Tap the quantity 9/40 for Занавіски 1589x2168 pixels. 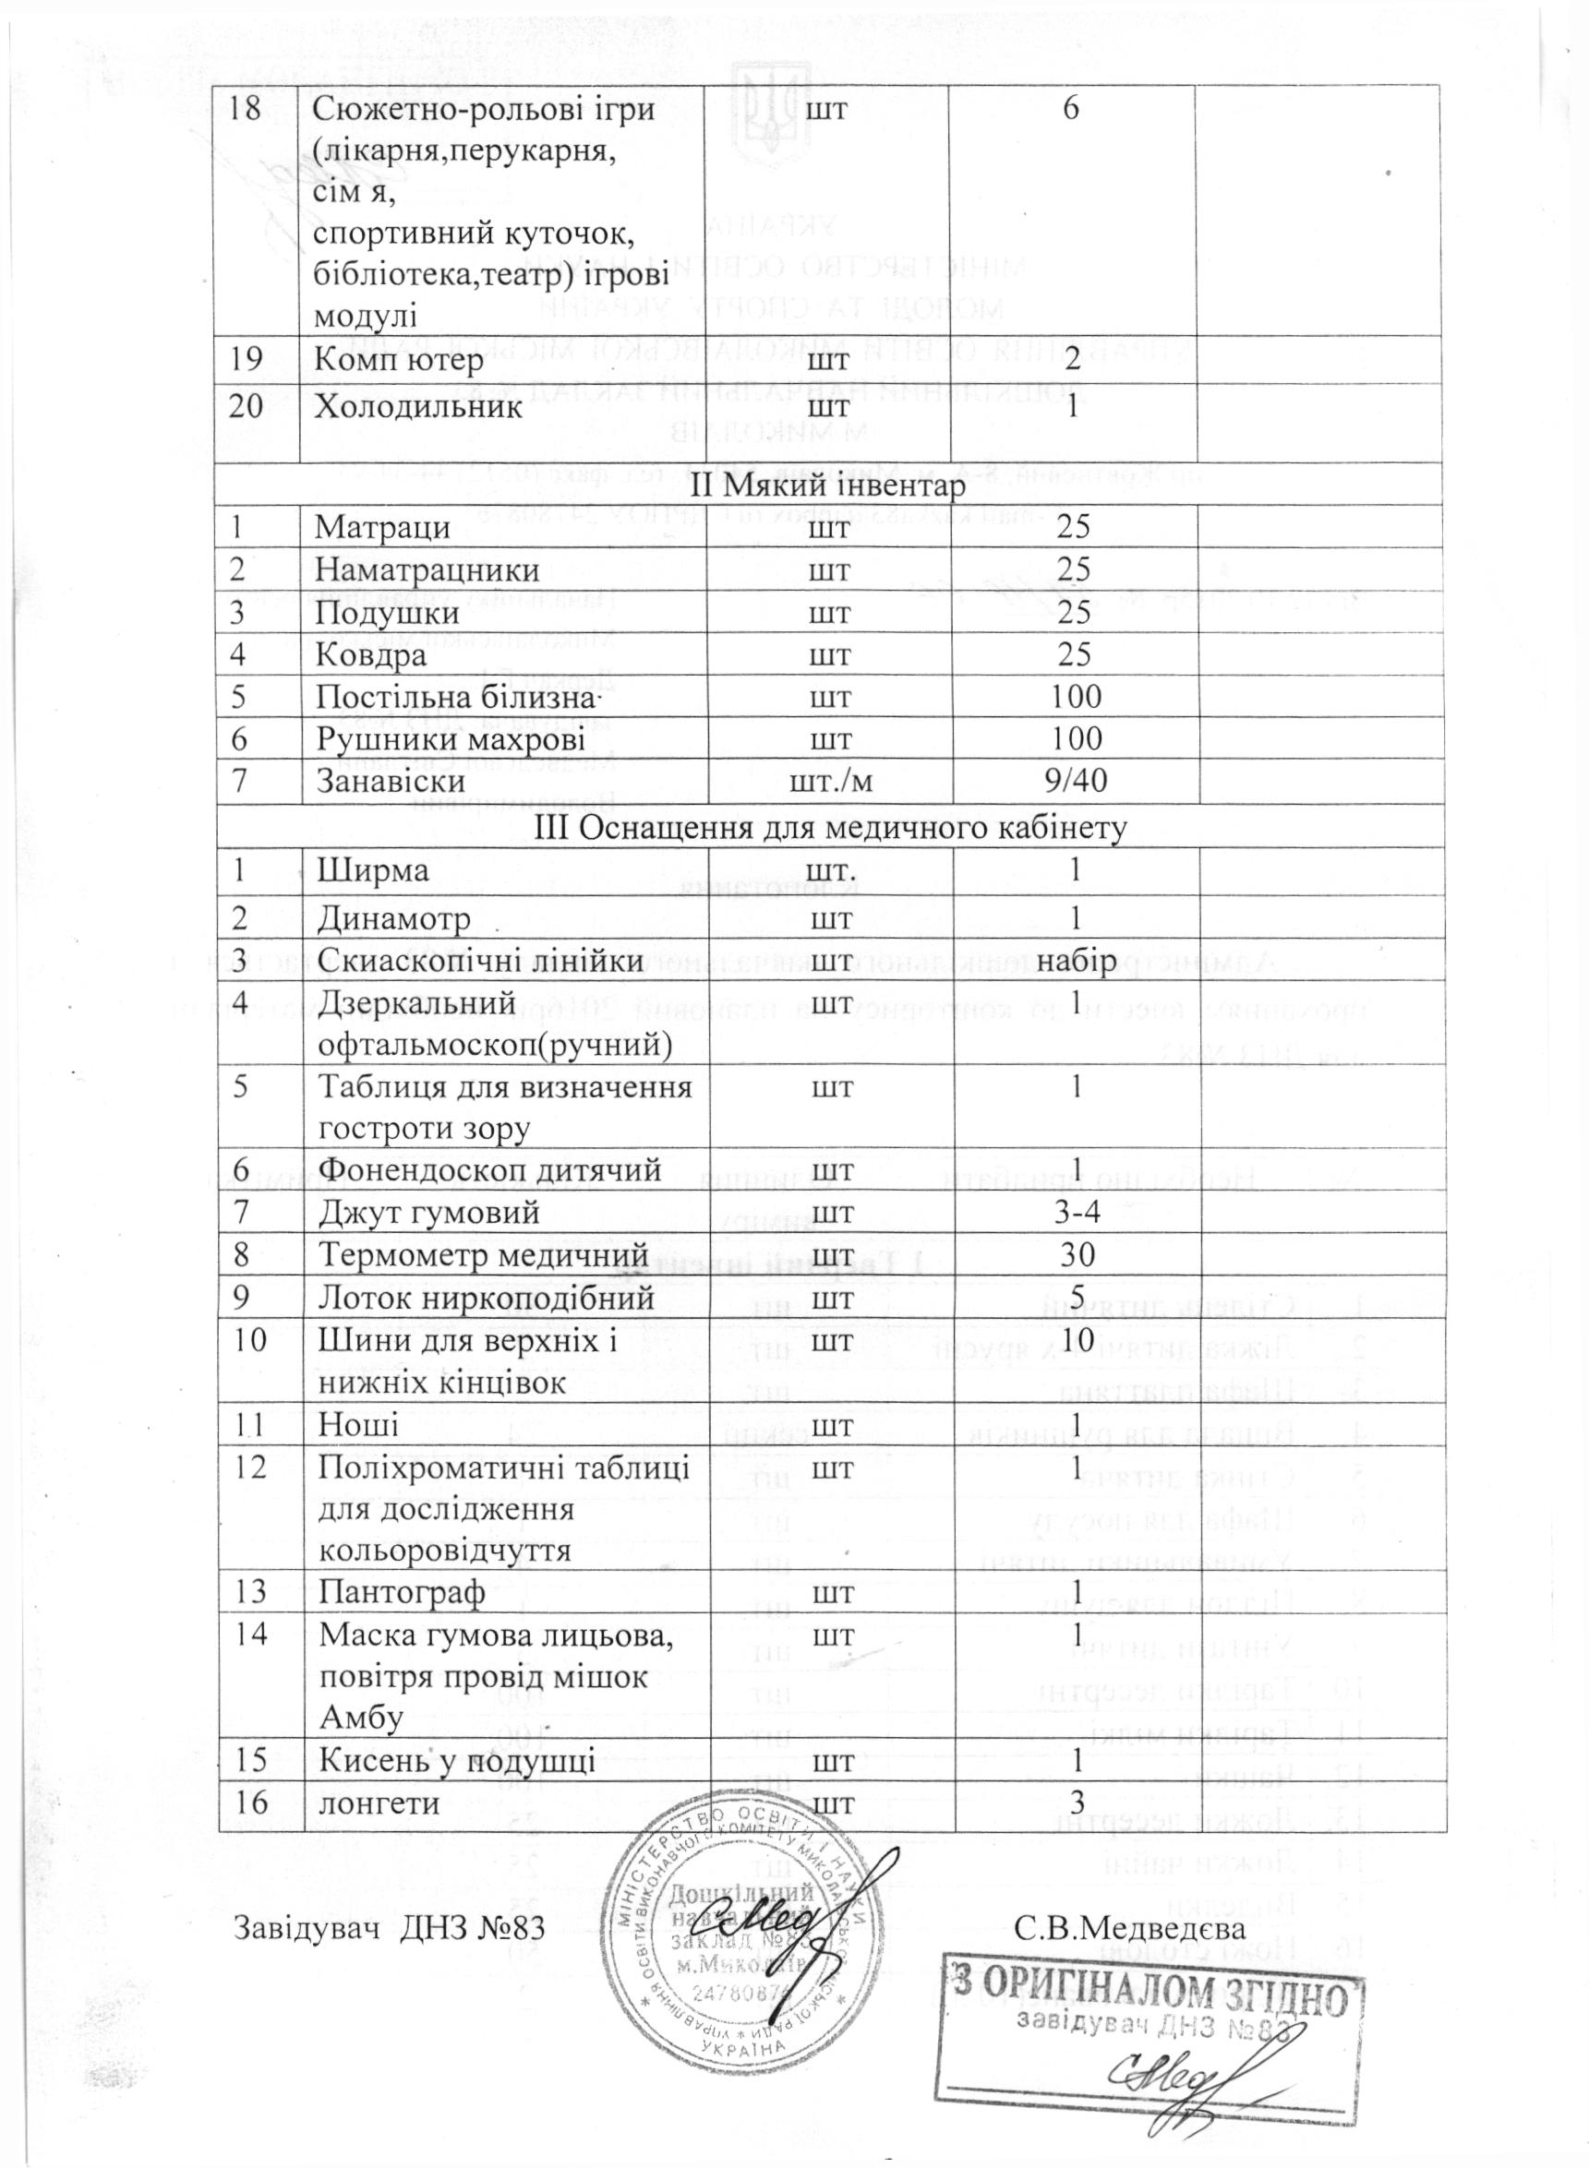point(1077,779)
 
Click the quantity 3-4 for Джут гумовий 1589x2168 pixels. point(1077,1214)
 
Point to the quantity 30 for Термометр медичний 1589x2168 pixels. point(1077,1255)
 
